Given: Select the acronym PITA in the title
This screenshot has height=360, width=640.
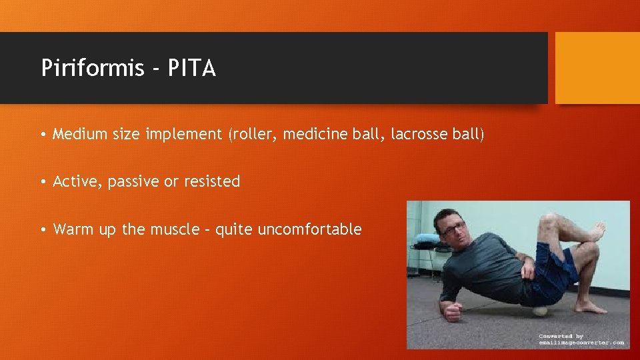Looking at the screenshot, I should pyautogui.click(x=191, y=68).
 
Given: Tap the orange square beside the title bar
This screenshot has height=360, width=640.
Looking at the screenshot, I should pyautogui.click(x=597, y=68).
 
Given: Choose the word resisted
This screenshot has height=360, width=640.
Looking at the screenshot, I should pyautogui.click(x=213, y=181).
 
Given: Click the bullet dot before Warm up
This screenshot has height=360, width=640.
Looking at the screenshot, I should pyautogui.click(x=43, y=230).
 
